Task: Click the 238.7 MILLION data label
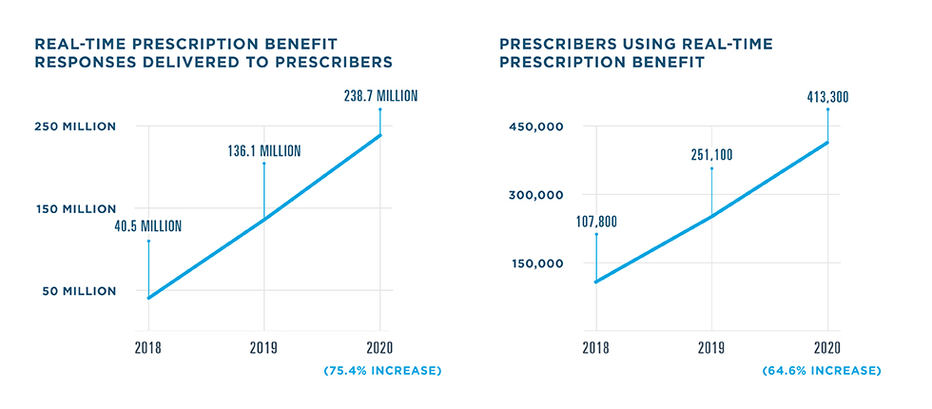(x=380, y=96)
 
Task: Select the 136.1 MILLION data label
(x=263, y=150)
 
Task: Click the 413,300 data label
(x=827, y=96)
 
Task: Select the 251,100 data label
(x=710, y=156)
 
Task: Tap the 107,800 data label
(x=597, y=222)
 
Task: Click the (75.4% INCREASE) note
(x=381, y=369)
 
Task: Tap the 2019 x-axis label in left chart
(x=264, y=348)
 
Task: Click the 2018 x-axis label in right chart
(x=596, y=348)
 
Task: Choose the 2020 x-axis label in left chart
(x=380, y=348)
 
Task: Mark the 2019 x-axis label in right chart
(x=711, y=348)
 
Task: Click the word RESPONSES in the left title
(x=82, y=62)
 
